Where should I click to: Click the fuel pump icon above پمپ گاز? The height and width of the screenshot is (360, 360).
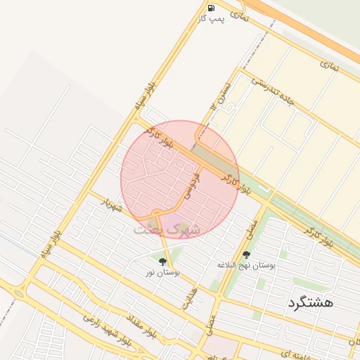[211, 8]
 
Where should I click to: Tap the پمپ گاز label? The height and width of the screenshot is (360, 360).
[212, 18]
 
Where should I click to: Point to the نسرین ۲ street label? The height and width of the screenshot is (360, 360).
[222, 94]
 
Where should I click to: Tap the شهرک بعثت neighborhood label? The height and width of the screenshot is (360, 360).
[167, 230]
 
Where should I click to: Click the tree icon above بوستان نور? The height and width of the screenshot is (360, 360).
[163, 262]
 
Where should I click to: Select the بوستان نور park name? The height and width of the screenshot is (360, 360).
[164, 271]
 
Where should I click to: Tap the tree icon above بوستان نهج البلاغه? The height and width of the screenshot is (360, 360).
[246, 255]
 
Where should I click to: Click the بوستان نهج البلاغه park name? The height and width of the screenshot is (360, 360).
[246, 265]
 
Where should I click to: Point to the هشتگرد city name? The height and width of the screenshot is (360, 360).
[309, 303]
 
